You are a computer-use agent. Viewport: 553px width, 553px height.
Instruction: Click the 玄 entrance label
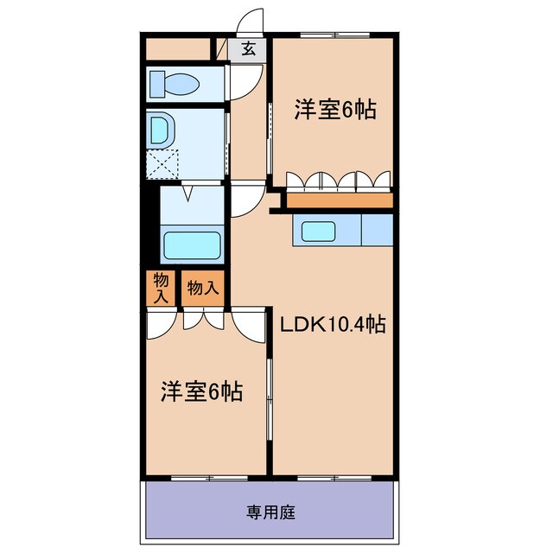click(248, 49)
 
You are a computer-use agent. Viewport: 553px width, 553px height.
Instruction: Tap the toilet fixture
click(175, 84)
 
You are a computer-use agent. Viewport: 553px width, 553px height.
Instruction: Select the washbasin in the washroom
click(162, 130)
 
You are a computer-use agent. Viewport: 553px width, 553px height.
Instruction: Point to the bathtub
click(192, 245)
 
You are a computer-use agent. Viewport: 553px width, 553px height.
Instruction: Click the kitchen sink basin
click(317, 232)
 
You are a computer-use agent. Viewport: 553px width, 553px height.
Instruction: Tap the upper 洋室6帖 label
click(335, 110)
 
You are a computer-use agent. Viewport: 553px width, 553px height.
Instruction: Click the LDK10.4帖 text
click(331, 325)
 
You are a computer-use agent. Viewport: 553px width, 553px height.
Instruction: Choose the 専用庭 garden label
click(270, 512)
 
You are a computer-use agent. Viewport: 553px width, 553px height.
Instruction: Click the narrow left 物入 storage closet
click(161, 288)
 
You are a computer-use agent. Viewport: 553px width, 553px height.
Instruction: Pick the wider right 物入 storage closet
click(203, 288)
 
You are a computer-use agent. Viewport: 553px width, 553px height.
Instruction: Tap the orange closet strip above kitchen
click(339, 200)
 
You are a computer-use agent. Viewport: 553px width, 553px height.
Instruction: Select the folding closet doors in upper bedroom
click(339, 181)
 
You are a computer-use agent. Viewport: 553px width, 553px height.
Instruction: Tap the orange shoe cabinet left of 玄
click(178, 49)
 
